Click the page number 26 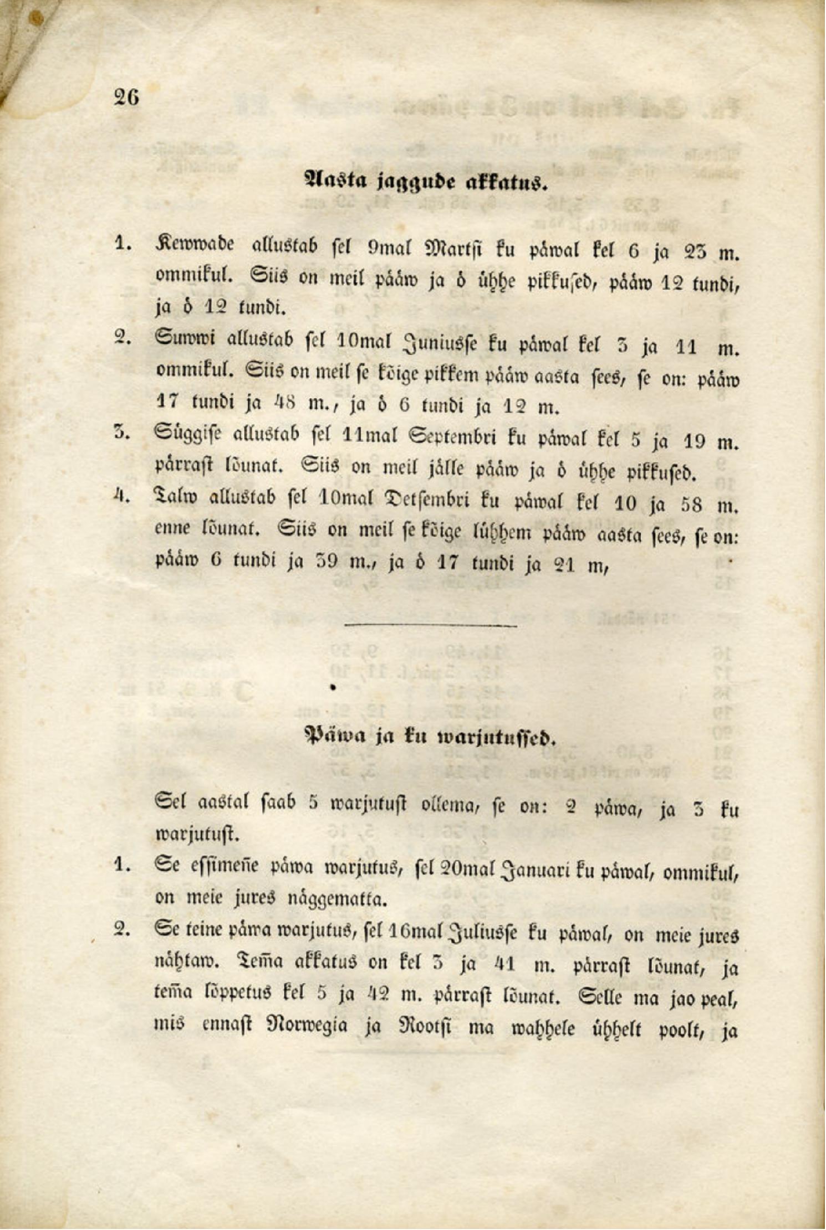(126, 97)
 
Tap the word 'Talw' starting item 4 (175, 497)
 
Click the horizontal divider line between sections (430, 625)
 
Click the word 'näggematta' (336, 900)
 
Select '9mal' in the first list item (391, 249)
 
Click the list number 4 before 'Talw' (121, 497)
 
